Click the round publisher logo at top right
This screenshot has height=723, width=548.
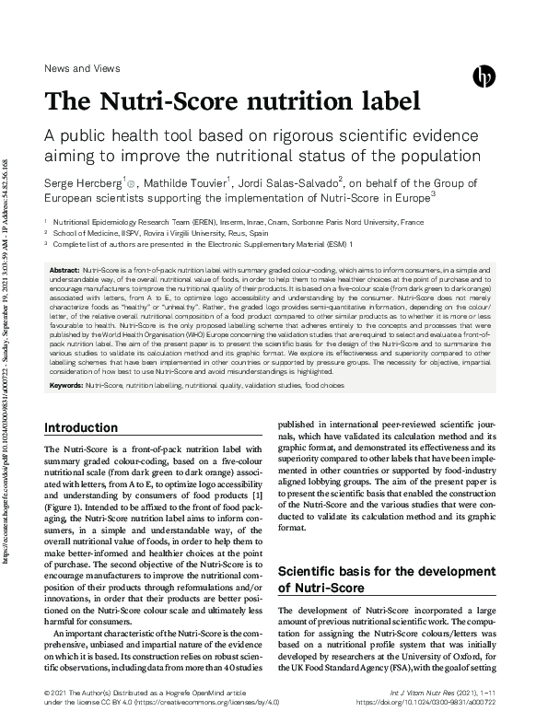(484, 77)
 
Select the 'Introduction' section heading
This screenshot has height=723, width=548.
(81, 427)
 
